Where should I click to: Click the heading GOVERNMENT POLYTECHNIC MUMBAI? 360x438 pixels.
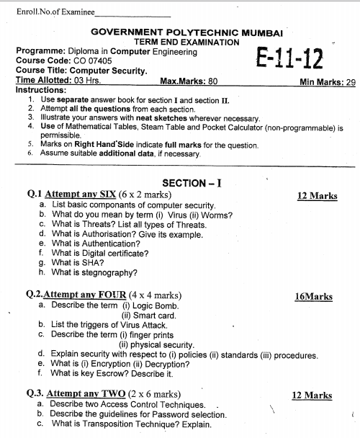click(187, 33)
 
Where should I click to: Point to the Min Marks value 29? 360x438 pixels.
click(351, 82)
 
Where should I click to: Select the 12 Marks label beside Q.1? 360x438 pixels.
click(317, 195)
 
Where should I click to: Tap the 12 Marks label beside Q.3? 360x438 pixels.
click(312, 395)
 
